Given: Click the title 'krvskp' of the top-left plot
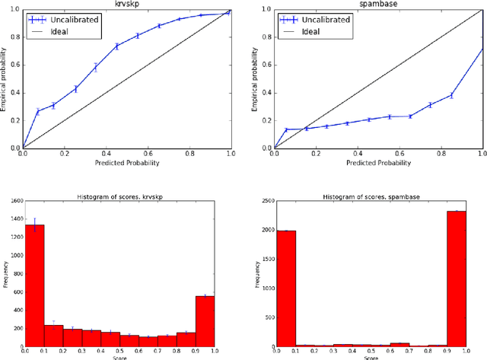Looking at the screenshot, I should coord(126,5).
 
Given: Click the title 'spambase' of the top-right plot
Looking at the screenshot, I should coord(377,5).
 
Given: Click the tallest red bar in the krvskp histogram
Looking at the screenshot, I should coord(33,285).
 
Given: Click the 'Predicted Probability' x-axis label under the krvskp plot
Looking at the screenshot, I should coord(126,162).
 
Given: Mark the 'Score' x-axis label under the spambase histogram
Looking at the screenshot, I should coord(377,356).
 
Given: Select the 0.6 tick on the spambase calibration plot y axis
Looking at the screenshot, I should coord(267,65).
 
